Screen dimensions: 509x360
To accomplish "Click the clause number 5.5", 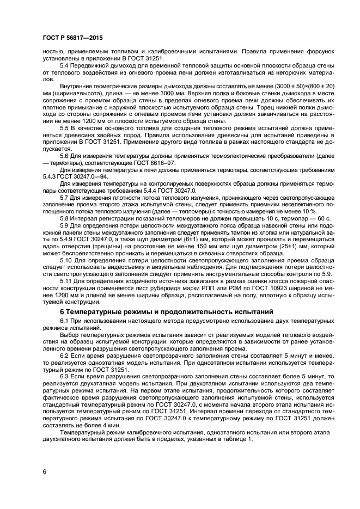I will (64, 127).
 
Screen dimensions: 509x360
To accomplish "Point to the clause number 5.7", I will (64, 196).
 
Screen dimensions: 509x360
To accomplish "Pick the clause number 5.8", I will (64, 218).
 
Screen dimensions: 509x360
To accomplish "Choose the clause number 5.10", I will (65, 260).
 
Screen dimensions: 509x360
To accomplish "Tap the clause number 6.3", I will (64, 376).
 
